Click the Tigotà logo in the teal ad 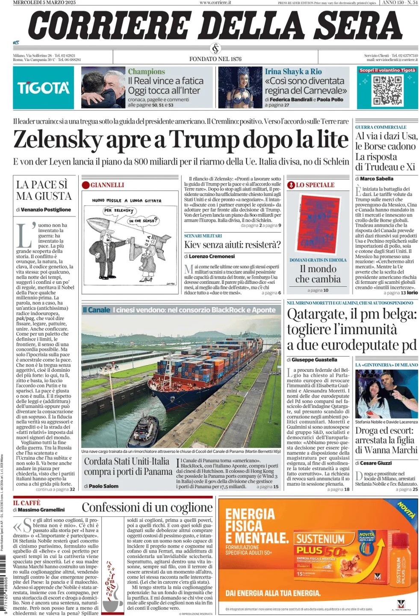point(43,88)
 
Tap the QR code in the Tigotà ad point(387,90)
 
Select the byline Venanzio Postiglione point(46,210)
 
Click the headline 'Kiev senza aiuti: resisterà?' point(232,245)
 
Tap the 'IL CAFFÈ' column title point(27,503)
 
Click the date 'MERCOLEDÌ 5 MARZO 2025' point(44,3)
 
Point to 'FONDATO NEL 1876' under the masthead point(215,59)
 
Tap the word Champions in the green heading point(146,71)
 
